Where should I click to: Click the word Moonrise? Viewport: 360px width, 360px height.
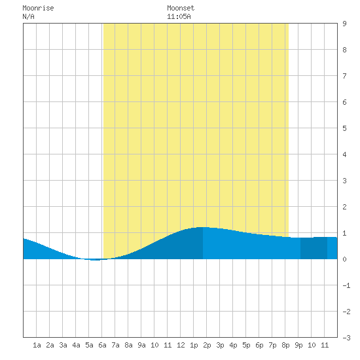[x=38, y=8]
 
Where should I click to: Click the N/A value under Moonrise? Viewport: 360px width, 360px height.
[x=28, y=16]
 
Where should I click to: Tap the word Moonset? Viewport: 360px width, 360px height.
[x=181, y=8]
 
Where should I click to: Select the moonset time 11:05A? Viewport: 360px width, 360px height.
[x=179, y=16]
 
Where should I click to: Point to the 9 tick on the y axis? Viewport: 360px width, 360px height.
[x=344, y=24]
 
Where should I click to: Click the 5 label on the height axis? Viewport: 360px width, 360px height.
[x=344, y=128]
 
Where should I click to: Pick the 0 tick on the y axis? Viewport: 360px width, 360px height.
[x=344, y=259]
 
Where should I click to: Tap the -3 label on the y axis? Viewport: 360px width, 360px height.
[x=346, y=338]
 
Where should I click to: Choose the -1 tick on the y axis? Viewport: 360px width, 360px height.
[x=346, y=285]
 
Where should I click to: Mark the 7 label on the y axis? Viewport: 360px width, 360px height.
[x=344, y=76]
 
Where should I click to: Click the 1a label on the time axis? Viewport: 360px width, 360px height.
[x=37, y=345]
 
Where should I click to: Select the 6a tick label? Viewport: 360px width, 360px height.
[x=102, y=345]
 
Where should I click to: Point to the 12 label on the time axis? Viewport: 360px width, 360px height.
[x=181, y=345]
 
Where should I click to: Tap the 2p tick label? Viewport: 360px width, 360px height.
[x=207, y=345]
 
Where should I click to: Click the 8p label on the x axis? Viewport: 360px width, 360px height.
[x=285, y=345]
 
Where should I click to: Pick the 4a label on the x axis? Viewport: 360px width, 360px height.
[x=76, y=345]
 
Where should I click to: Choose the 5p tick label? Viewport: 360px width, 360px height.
[x=246, y=345]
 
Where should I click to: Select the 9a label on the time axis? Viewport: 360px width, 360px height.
[x=141, y=345]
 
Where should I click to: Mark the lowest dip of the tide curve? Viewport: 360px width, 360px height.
[x=95, y=260]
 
